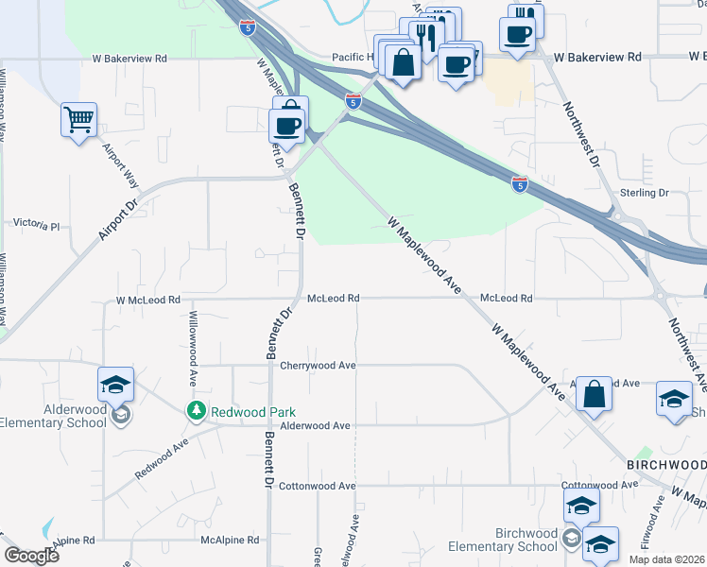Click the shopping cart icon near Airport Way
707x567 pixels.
[78, 120]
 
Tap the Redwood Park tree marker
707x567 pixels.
[196, 411]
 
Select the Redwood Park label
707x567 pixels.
[253, 412]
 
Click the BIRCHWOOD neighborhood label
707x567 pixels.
[666, 465]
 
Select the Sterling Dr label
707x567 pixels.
[644, 193]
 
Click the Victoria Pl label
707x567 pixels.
[36, 227]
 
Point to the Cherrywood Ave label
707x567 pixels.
[318, 366]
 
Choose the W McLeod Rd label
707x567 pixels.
[147, 300]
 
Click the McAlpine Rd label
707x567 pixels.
[230, 541]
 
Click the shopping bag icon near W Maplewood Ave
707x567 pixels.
[594, 395]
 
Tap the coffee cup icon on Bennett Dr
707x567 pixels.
[286, 125]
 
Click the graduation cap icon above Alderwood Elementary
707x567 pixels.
[115, 384]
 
